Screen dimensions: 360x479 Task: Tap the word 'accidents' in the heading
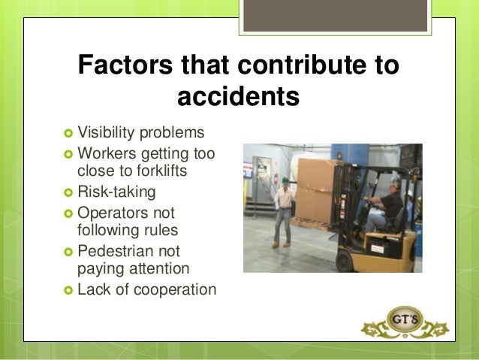(238, 97)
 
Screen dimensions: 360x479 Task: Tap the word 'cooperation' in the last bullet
(172, 289)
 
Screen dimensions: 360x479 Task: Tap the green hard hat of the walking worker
(285, 180)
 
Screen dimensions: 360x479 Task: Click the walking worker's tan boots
(281, 244)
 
